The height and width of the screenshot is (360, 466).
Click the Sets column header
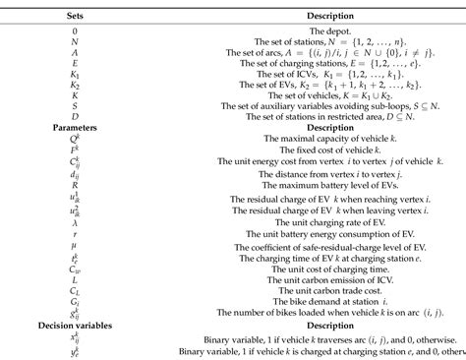[x=46, y=17]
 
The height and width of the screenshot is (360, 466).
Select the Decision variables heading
[x=47, y=324]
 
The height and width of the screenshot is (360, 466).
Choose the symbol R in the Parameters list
[x=46, y=214]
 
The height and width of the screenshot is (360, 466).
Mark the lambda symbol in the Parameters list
[x=46, y=251]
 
